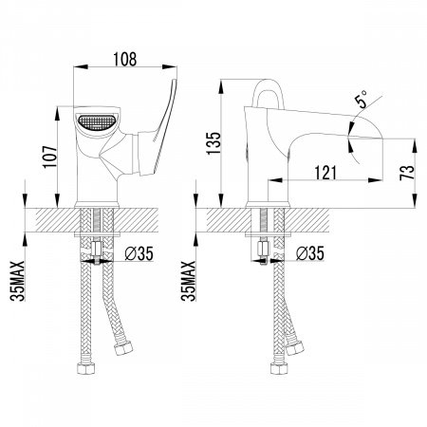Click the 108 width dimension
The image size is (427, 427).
pyautogui.click(x=125, y=59)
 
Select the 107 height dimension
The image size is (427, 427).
pyautogui.click(x=50, y=157)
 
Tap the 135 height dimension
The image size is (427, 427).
pyautogui.click(x=213, y=143)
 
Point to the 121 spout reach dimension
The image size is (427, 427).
pyautogui.click(x=325, y=173)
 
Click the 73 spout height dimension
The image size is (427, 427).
pyautogui.click(x=407, y=173)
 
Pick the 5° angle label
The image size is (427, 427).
pyautogui.click(x=362, y=99)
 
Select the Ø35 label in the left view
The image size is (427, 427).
pyautogui.click(x=139, y=253)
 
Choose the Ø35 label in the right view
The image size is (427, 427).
pyautogui.click(x=310, y=253)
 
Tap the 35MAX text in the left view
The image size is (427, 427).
pyautogui.click(x=17, y=281)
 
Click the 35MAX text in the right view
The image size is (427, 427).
pyautogui.click(x=188, y=281)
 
